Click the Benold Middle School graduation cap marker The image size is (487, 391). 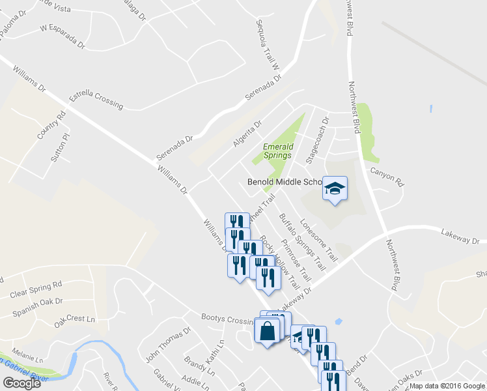(335, 189)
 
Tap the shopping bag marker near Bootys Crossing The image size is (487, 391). (267, 331)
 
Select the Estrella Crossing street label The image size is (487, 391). (96, 98)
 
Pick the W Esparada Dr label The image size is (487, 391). (63, 36)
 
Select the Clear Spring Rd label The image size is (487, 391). (36, 289)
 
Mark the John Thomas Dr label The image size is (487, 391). (168, 345)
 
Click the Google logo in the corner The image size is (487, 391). (21, 383)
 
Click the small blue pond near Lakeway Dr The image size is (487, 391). (338, 321)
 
